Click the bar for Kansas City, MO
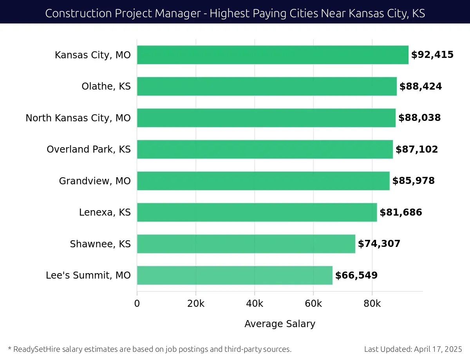pos(273,55)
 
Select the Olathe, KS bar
pos(267,86)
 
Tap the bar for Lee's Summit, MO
pos(235,275)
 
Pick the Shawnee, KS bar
pos(246,244)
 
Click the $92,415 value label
pos(432,55)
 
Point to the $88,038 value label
pos(419,118)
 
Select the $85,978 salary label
pos(413,181)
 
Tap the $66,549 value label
pos(356,275)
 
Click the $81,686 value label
pos(401,212)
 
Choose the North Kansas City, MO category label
pos(78,118)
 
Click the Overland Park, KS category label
pos(89,149)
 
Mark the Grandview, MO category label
pos(95,181)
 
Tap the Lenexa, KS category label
pos(105,212)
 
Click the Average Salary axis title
pos(280,324)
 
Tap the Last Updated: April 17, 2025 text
pos(413,349)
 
